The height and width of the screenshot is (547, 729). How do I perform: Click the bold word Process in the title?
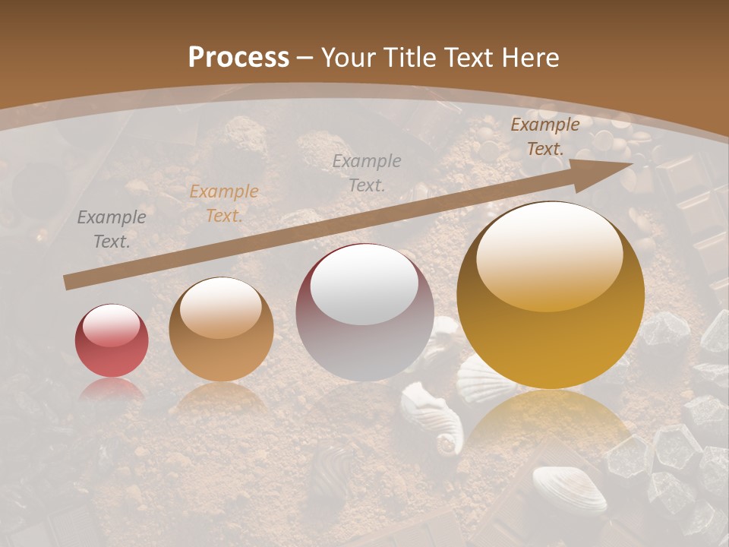(x=238, y=58)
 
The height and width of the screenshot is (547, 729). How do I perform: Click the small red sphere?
(x=112, y=341)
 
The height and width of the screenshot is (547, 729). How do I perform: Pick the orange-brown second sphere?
(x=221, y=330)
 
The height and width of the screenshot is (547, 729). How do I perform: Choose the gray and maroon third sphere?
(x=364, y=313)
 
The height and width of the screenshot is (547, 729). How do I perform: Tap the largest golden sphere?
(x=551, y=296)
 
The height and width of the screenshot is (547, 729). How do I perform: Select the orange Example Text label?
(x=224, y=204)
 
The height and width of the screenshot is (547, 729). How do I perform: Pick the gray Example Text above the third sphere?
(x=367, y=172)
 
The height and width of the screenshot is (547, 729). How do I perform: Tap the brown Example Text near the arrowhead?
(x=544, y=137)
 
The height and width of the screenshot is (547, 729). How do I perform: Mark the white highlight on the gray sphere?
(x=364, y=285)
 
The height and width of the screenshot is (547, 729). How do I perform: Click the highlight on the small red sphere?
(x=112, y=325)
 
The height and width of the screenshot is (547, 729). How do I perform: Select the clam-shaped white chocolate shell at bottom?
(x=569, y=489)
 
